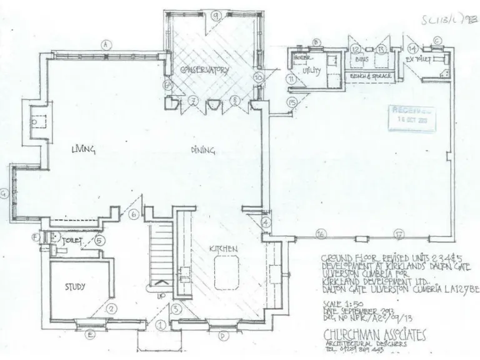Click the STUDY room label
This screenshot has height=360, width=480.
point(75,287)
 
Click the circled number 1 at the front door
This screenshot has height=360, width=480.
point(161,325)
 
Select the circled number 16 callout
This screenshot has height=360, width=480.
point(321,234)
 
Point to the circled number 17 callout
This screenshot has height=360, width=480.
point(398,234)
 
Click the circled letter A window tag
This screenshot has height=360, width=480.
point(106,45)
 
